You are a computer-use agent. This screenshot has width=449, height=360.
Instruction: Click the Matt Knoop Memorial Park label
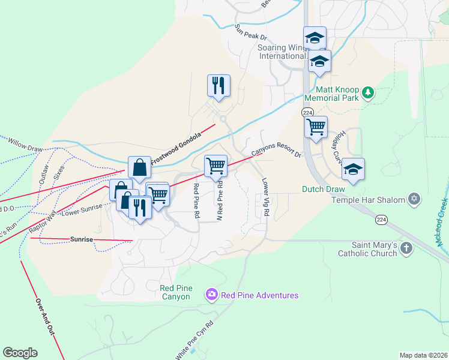click(x=331, y=92)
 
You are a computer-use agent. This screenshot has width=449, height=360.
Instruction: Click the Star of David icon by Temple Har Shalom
click(x=414, y=199)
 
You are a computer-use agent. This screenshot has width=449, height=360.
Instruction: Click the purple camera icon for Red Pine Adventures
click(x=211, y=294)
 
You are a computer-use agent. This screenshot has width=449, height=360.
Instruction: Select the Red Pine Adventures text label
click(x=259, y=295)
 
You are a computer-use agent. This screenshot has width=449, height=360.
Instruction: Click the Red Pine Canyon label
click(x=176, y=293)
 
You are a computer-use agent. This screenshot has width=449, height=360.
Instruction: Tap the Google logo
click(x=20, y=353)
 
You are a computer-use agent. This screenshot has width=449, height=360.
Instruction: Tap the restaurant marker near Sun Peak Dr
click(x=218, y=85)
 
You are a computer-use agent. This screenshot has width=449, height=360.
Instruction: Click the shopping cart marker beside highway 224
click(x=315, y=127)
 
